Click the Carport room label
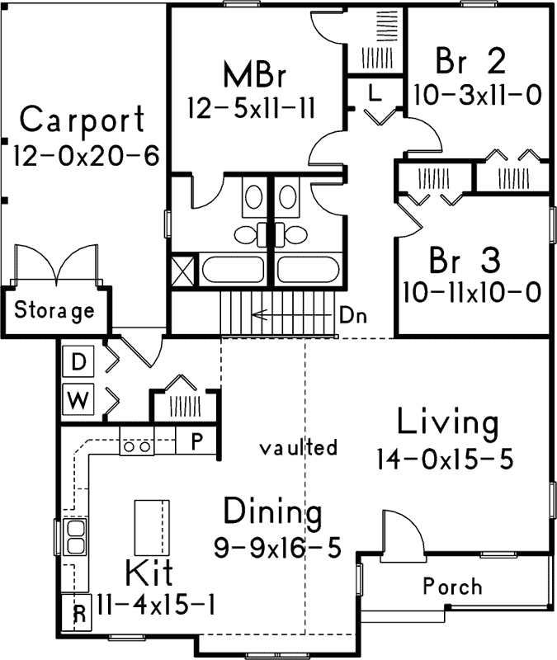[x=83, y=120]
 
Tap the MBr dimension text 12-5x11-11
[x=248, y=110]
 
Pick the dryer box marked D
[x=78, y=361]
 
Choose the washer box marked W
[x=78, y=401]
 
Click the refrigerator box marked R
[x=79, y=612]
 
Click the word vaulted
[x=298, y=448]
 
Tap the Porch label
[x=452, y=587]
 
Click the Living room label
[x=448, y=422]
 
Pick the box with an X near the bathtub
[x=184, y=271]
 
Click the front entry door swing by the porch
[x=401, y=530]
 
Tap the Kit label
[x=150, y=572]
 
